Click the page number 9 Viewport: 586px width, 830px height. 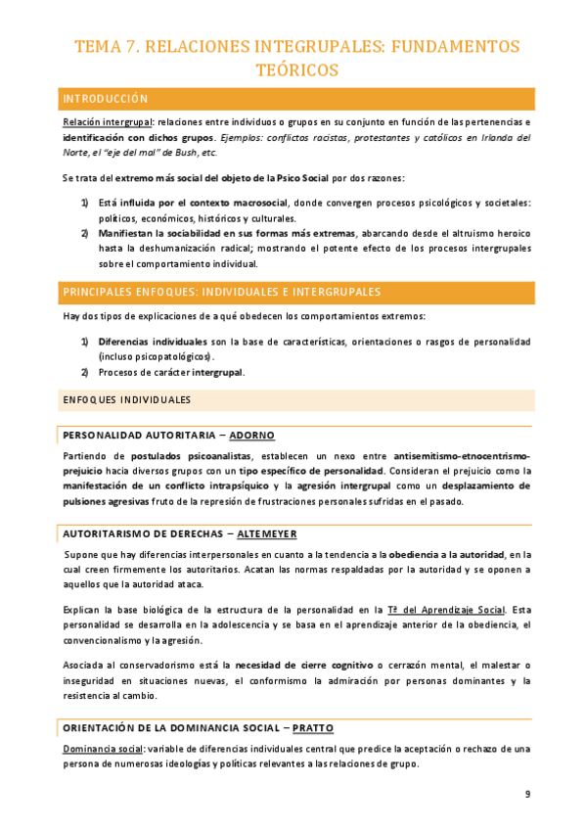click(x=528, y=794)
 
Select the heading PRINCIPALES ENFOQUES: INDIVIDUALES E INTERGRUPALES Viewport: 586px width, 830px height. click(x=221, y=293)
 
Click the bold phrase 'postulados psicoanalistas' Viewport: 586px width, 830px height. click(x=189, y=456)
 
